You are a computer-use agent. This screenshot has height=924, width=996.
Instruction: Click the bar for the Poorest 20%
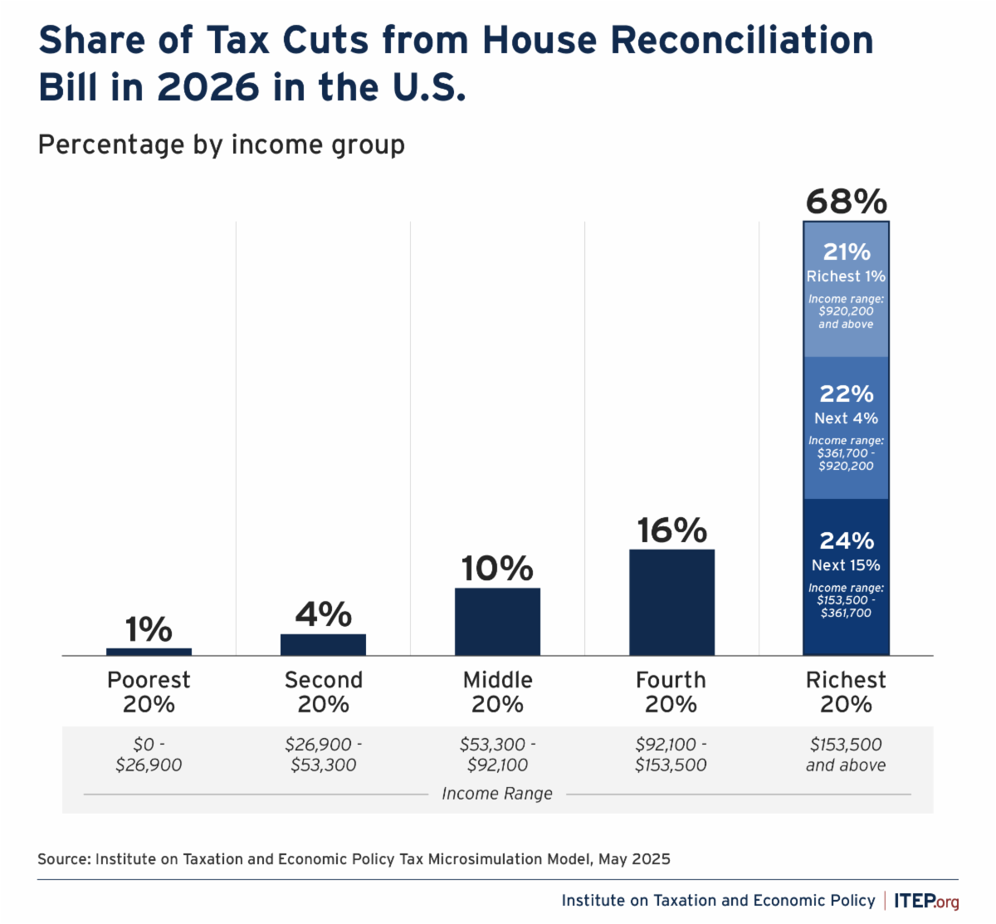pos(149,652)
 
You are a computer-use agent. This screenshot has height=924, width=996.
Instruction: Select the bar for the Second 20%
pos(323,644)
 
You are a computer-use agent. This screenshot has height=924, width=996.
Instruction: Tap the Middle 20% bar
pos(497,622)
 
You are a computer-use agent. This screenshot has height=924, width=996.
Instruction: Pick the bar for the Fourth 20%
pos(671,602)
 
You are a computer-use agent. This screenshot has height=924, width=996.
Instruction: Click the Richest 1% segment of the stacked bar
pos(846,289)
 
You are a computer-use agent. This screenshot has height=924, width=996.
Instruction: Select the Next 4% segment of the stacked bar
pos(846,428)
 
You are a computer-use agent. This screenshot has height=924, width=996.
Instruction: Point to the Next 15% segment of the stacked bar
pos(846,577)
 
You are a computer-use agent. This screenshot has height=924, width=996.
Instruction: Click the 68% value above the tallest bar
pos(846,202)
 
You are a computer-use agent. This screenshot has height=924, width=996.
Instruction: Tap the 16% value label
pos(671,530)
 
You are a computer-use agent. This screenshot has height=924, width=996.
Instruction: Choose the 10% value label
pos(497,569)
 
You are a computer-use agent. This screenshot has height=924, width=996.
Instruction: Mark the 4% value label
pos(323,614)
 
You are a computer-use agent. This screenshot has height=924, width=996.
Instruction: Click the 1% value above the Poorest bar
pos(149,629)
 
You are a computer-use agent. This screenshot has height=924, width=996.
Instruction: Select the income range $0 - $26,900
pos(149,755)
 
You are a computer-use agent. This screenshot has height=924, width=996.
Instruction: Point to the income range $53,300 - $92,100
pos(497,755)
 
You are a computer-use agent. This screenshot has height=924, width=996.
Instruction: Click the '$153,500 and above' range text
pos(846,755)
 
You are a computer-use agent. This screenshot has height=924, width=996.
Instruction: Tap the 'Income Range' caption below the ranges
pos(497,794)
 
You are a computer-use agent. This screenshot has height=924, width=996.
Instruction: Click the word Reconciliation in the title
pos(742,40)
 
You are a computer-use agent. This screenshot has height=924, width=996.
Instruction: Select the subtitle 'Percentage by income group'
pos(222,144)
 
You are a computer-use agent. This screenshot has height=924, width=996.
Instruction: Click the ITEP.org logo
pos(926,901)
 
